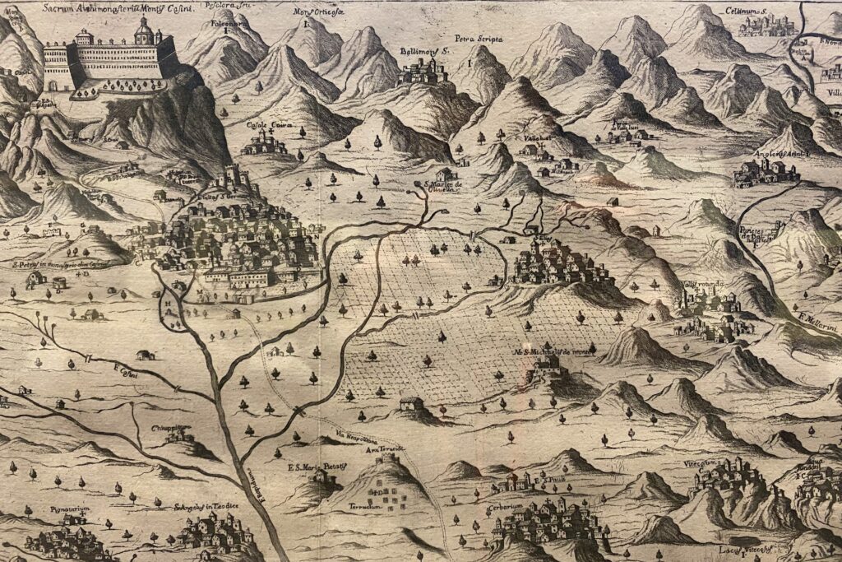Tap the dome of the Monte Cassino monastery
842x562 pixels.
coord(145,31)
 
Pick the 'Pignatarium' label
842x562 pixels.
coord(69,510)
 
